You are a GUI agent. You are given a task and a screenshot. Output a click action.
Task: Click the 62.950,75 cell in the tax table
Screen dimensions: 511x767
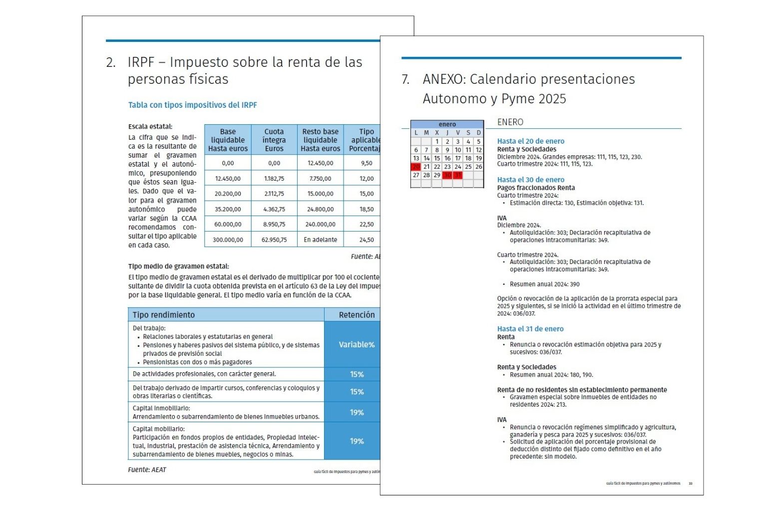(x=274, y=240)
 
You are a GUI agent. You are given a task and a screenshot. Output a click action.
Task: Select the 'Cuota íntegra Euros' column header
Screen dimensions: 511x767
(x=274, y=140)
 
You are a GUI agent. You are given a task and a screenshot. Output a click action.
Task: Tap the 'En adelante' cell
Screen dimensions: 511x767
(x=320, y=240)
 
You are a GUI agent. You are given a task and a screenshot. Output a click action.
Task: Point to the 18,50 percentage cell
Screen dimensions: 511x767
(x=367, y=209)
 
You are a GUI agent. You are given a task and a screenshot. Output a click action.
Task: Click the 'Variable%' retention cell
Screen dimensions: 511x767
(x=356, y=344)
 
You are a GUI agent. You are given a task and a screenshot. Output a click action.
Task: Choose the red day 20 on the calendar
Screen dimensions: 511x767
(x=415, y=167)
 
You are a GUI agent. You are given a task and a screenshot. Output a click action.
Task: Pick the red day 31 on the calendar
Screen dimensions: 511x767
(x=458, y=175)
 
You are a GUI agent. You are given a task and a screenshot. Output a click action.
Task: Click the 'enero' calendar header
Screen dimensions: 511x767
(x=447, y=124)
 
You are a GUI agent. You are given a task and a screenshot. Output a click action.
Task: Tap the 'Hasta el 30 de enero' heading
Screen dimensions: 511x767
(x=531, y=180)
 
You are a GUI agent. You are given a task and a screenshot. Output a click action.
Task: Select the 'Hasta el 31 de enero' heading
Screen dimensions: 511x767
(x=530, y=329)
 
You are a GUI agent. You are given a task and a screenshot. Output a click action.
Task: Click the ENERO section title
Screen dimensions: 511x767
(x=510, y=122)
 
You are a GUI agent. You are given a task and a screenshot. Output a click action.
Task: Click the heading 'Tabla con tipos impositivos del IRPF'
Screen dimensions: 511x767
(x=193, y=105)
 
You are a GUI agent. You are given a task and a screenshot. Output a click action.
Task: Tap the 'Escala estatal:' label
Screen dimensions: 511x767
(x=150, y=127)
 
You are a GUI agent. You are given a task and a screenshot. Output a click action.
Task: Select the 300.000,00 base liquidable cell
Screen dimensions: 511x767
(x=228, y=240)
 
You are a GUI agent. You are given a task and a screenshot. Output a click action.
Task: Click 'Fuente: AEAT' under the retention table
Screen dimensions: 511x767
(x=147, y=470)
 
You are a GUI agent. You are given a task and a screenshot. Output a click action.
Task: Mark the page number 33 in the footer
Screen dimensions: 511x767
(x=691, y=484)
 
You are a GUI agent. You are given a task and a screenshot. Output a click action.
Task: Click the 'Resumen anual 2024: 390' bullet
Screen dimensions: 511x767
(x=544, y=284)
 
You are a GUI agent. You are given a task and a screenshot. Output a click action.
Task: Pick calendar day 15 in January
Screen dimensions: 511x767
(x=437, y=158)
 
